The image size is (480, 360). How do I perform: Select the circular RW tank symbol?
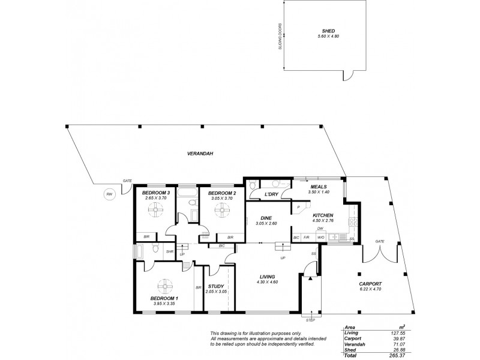(x=109, y=194)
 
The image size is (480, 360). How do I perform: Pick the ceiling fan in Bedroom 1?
(x=165, y=287)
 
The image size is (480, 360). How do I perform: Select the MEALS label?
(x=319, y=187)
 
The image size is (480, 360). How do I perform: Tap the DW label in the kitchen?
(x=321, y=229)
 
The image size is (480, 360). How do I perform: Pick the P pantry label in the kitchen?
(x=298, y=208)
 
